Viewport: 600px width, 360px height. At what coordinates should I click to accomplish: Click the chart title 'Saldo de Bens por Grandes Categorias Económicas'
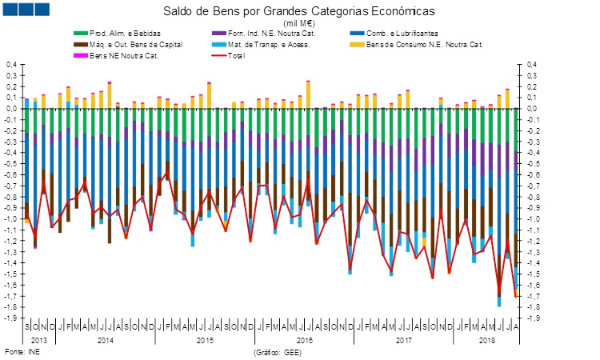(x=299, y=12)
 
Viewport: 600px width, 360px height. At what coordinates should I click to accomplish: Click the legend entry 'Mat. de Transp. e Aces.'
(x=265, y=44)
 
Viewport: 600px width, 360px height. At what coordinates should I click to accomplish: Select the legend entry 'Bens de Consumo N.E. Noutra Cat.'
(x=419, y=44)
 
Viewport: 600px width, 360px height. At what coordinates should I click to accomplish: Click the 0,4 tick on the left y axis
(x=11, y=65)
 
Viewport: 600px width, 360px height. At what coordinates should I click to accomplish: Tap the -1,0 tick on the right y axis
(x=533, y=219)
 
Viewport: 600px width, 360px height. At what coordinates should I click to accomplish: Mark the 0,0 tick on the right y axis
(x=531, y=109)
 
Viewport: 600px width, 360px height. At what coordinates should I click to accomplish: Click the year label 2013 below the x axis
(x=39, y=340)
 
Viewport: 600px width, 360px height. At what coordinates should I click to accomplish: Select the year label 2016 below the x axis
(x=303, y=340)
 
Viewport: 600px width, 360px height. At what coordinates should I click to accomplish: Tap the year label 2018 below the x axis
(x=486, y=340)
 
